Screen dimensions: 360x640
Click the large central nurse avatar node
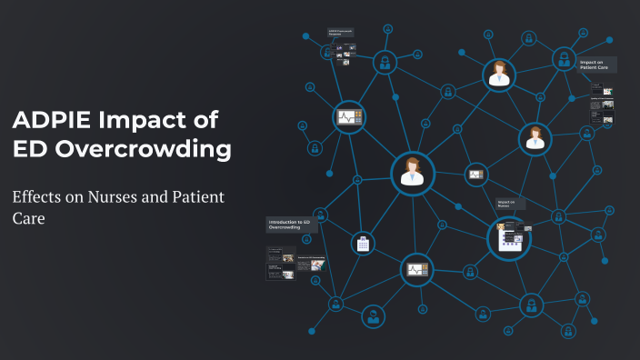coord(413,173)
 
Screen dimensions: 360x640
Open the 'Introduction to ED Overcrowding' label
coord(290,224)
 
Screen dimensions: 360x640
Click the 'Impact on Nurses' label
coord(506,203)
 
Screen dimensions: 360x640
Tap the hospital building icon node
coord(363,243)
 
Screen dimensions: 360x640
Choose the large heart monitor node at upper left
coord(348,117)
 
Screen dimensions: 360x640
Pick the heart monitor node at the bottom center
coord(416,269)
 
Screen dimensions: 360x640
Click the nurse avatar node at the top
coord(498,75)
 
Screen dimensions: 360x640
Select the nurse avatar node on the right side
coord(535,138)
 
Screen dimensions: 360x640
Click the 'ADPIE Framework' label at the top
coord(341,33)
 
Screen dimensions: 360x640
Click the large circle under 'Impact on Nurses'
coord(508,238)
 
